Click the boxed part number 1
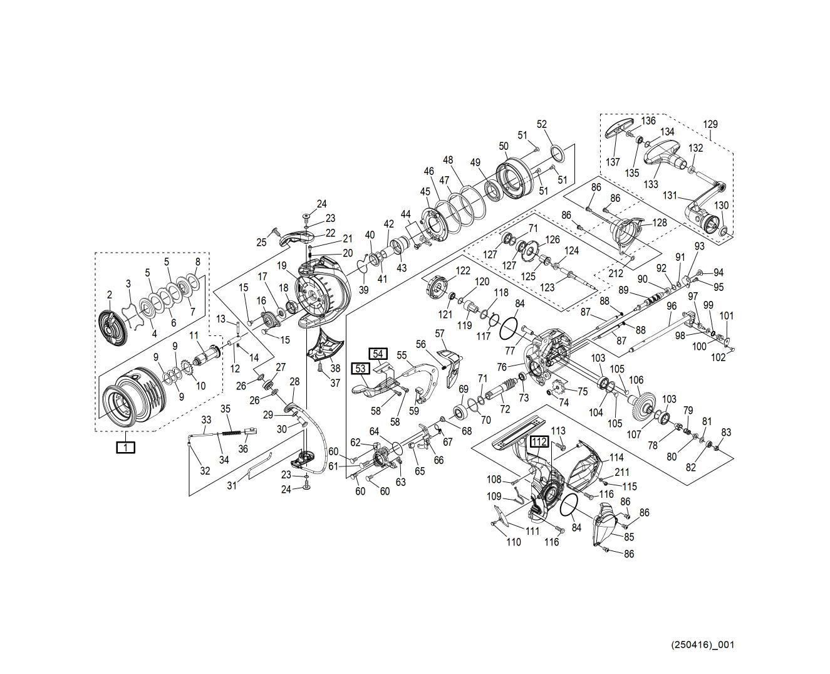(126, 447)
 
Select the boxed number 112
(539, 441)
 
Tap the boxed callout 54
(378, 354)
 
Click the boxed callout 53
(361, 369)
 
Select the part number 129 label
(710, 124)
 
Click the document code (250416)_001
(702, 645)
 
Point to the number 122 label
(462, 270)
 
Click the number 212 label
(615, 273)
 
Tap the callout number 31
(232, 485)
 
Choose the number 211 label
(621, 472)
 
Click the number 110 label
(513, 542)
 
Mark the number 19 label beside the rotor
(282, 266)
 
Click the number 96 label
(672, 306)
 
